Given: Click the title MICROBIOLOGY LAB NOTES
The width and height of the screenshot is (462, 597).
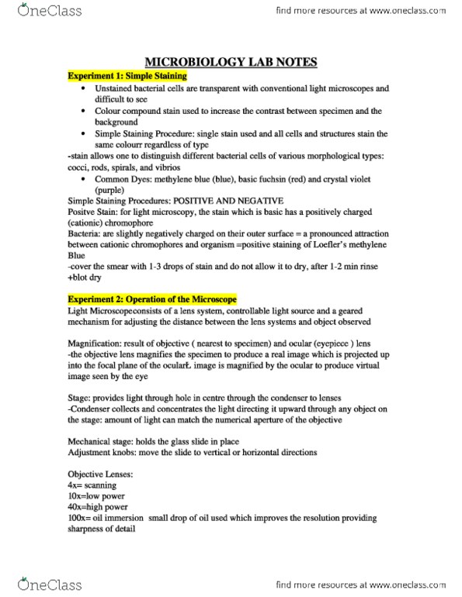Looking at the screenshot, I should [231, 63].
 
